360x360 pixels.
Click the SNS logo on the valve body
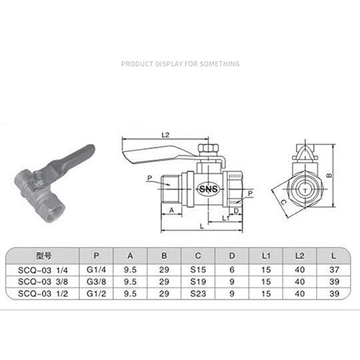(x=208, y=189)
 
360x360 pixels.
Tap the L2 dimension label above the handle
(x=166, y=135)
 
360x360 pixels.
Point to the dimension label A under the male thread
(x=171, y=210)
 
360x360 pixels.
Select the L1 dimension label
(x=226, y=218)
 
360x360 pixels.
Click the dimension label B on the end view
(x=330, y=176)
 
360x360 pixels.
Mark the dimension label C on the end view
(x=283, y=202)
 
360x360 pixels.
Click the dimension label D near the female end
(x=236, y=210)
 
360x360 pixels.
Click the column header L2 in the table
(x=300, y=256)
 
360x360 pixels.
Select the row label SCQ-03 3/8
(x=43, y=282)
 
